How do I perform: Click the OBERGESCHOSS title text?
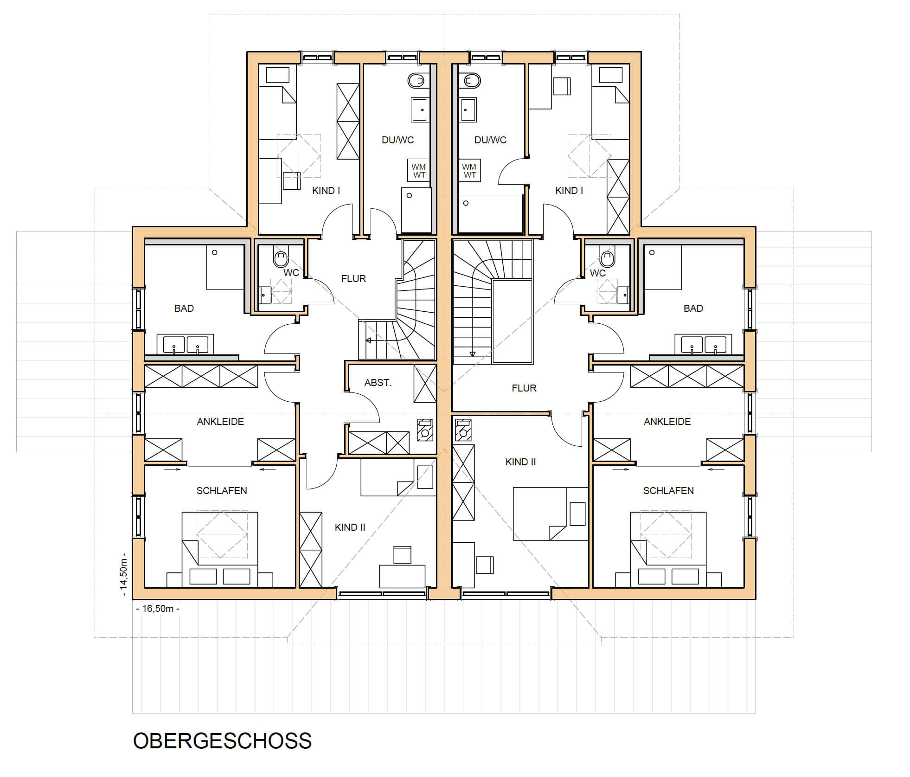tap(222, 741)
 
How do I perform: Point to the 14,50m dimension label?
tap(124, 574)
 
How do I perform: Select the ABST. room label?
tap(378, 383)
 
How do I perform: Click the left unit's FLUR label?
tap(353, 278)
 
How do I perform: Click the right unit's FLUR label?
tap(524, 388)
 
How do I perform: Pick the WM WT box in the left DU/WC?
tap(419, 171)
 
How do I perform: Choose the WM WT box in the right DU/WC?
tap(469, 171)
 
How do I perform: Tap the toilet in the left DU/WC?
tap(417, 81)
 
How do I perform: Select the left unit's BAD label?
tap(184, 308)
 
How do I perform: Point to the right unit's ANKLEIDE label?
tap(667, 422)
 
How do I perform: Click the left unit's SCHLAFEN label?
tap(222, 491)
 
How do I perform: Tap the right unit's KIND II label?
tap(520, 462)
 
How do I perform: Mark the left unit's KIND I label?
tap(326, 191)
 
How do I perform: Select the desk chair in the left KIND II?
tap(402, 555)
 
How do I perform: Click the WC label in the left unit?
tap(291, 273)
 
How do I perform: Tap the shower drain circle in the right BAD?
tap(652, 253)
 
